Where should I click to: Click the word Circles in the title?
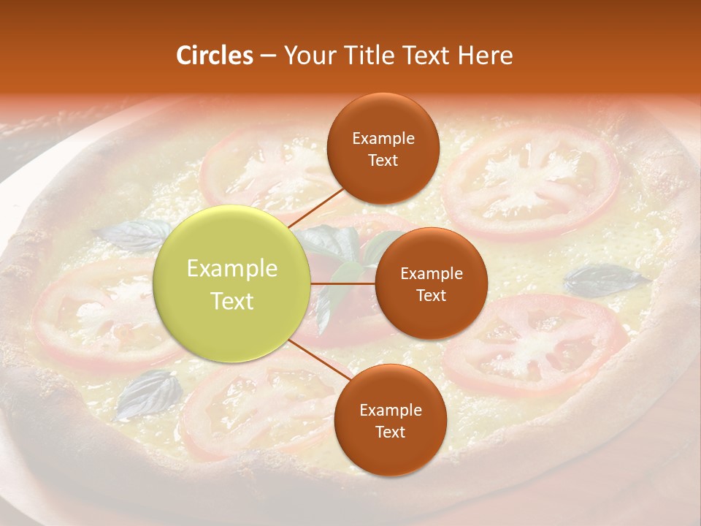pyautogui.click(x=214, y=56)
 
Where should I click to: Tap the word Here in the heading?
pyautogui.click(x=486, y=56)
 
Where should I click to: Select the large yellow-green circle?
pyautogui.click(x=232, y=284)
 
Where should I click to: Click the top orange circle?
pyautogui.click(x=383, y=148)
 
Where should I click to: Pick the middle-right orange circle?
pyautogui.click(x=431, y=283)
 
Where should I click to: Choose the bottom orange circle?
pyautogui.click(x=390, y=420)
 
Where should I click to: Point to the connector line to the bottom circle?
pyautogui.click(x=315, y=362)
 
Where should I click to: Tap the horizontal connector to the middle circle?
pyautogui.click(x=343, y=283)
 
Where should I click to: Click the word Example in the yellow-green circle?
pyautogui.click(x=232, y=269)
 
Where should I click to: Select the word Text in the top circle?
pyautogui.click(x=383, y=160)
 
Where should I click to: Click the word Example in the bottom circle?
pyautogui.click(x=391, y=410)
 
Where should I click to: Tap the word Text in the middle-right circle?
pyautogui.click(x=431, y=295)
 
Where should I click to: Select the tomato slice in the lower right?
pyautogui.click(x=537, y=343)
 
